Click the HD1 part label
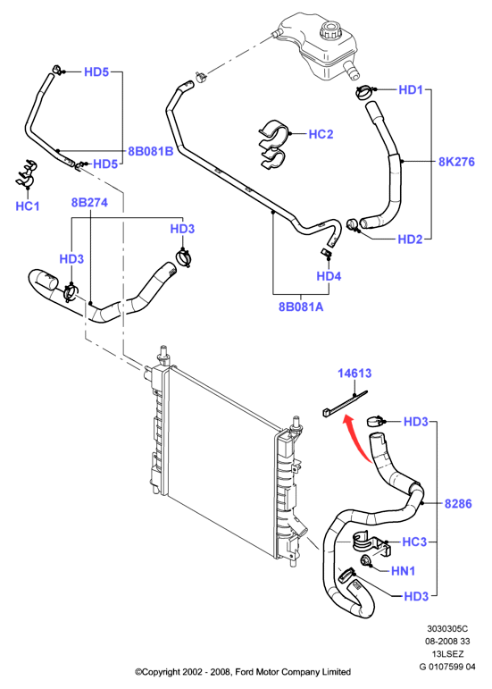411,89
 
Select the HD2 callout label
410,239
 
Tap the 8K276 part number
456,162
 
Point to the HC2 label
321,134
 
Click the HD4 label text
329,276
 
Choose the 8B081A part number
301,307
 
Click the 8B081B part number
150,151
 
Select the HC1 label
27,206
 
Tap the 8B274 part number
89,203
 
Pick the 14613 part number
354,373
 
